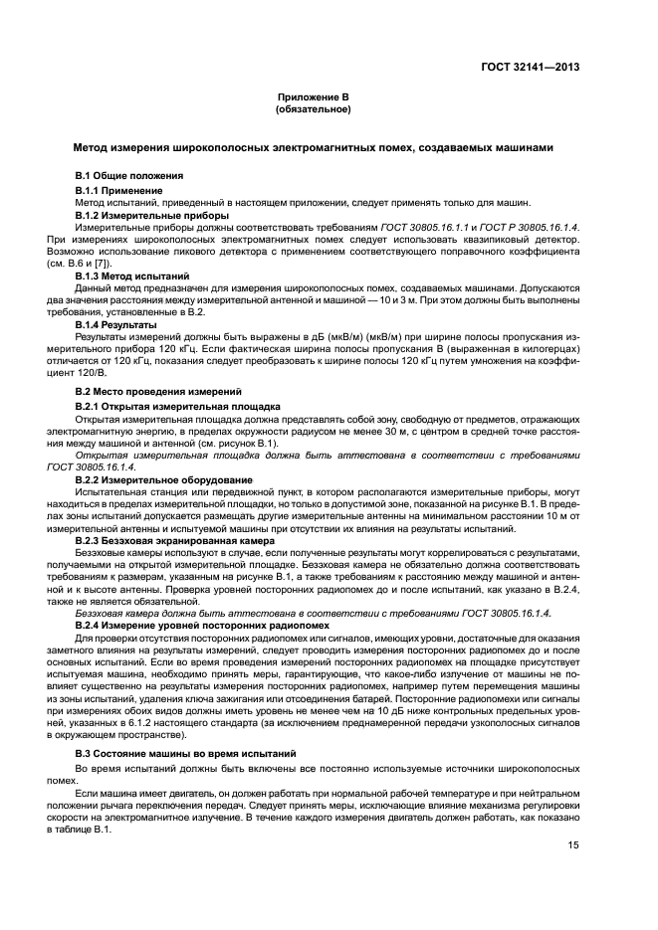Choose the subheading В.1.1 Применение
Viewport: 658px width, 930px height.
[119, 189]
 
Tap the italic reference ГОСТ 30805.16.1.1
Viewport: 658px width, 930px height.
[410, 228]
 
